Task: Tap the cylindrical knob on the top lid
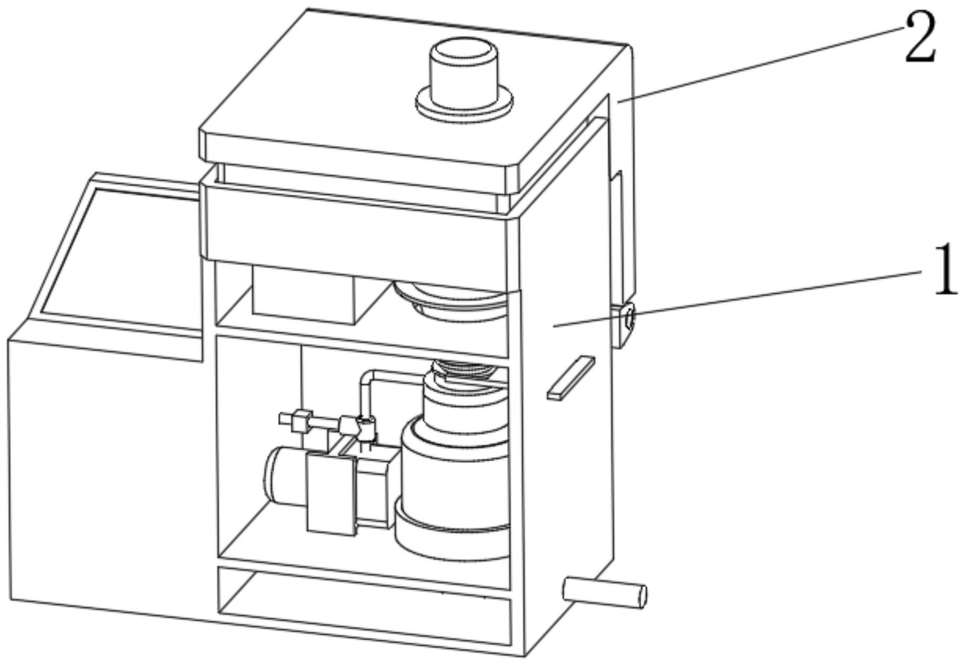pos(463,68)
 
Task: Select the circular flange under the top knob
pos(464,105)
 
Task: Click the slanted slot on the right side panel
pos(570,378)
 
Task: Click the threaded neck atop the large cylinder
pos(462,367)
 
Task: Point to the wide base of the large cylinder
pos(451,535)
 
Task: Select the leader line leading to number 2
pos(760,63)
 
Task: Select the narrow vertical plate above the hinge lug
pos(622,236)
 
